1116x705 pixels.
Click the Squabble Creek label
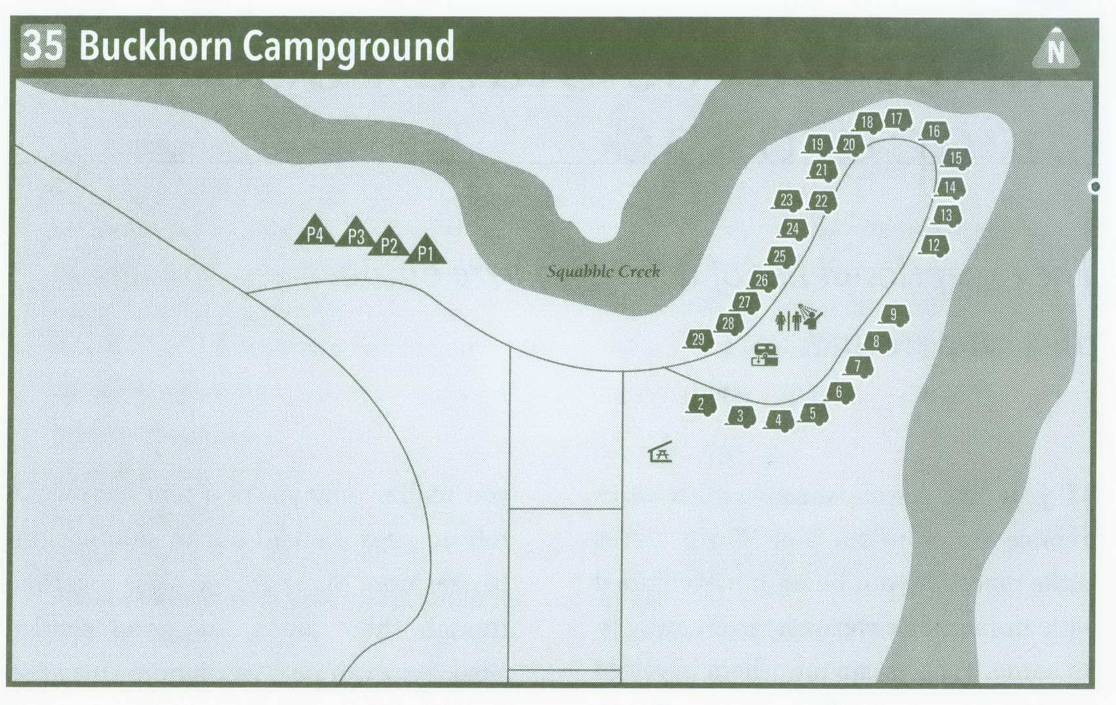603,271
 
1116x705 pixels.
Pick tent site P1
426,252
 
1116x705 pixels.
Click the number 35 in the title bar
43,46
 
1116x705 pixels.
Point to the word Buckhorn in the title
156,46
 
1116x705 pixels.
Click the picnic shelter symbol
660,452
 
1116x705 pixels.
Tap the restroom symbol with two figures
788,321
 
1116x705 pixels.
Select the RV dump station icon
765,355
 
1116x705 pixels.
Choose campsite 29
698,340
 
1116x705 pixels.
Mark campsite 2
701,404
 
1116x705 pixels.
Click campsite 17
897,120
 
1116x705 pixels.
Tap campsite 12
934,246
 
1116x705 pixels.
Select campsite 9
893,315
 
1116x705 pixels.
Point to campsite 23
787,200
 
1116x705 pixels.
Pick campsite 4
779,420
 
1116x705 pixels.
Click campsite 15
956,158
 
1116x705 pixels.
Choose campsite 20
849,145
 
